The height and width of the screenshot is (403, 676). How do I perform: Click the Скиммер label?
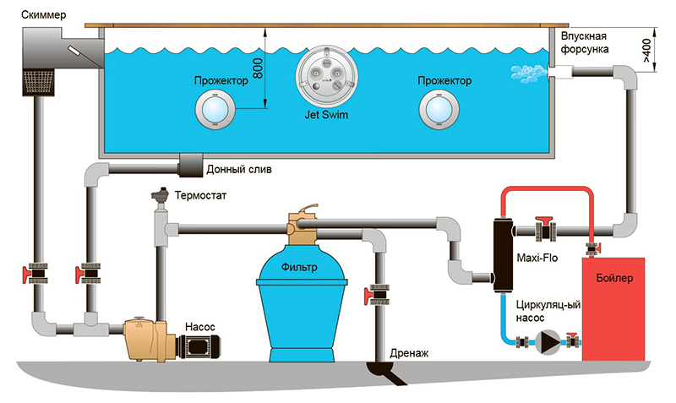coord(44,15)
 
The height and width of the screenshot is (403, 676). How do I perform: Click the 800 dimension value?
coord(258,68)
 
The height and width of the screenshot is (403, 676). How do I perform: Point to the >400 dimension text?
coord(646,51)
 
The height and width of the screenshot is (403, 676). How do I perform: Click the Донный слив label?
coord(239,169)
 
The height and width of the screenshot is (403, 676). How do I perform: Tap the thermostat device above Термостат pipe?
coord(161,197)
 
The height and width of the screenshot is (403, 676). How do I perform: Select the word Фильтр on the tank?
coord(299,267)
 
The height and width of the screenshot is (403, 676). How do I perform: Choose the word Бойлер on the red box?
coord(614,278)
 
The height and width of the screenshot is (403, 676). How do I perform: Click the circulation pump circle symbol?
coord(548,342)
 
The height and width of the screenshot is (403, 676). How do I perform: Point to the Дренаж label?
coord(409,353)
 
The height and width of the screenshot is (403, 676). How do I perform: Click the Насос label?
coord(200,327)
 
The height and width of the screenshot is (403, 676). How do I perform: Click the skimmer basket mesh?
coord(38,83)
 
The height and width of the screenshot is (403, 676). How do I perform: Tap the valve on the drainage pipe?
coord(378,294)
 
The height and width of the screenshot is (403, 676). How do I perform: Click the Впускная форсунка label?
coord(585,42)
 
